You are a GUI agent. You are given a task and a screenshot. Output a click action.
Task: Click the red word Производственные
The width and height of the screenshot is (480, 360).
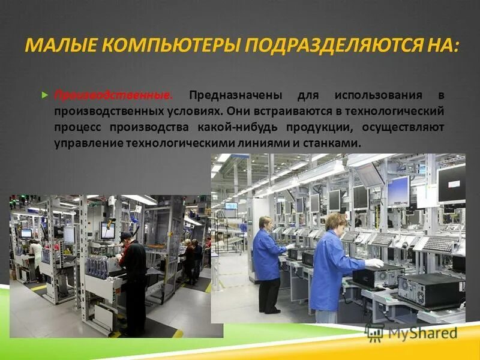[x=113, y=96]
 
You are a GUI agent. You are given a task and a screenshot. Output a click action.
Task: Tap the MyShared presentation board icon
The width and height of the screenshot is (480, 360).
[x=374, y=332]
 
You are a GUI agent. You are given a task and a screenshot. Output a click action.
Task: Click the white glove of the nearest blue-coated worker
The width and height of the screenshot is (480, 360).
[x=375, y=263]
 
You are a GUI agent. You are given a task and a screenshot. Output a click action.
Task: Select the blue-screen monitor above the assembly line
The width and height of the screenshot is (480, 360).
[x=398, y=191]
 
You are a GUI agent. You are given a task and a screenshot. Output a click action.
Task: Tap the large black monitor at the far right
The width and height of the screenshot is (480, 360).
[x=451, y=184]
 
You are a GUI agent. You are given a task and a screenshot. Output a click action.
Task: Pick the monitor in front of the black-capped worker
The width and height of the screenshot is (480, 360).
[x=108, y=230]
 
